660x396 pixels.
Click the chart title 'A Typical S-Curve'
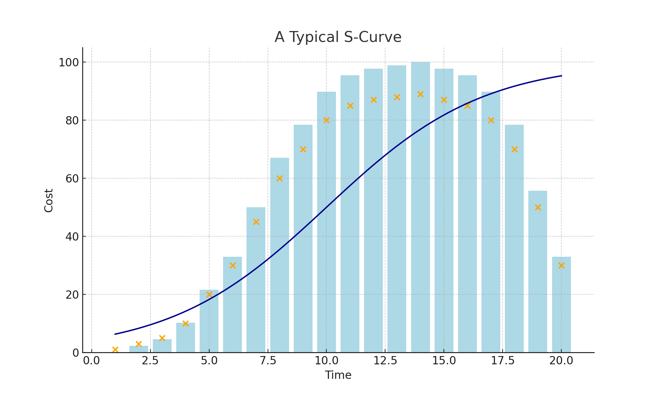coord(338,37)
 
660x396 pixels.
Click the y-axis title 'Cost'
coord(49,200)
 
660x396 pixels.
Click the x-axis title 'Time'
coord(338,375)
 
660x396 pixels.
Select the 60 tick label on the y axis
coord(72,179)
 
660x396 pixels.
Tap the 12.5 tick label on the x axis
coord(385,361)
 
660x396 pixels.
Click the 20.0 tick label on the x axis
coord(561,361)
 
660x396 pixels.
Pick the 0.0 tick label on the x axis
coord(92,361)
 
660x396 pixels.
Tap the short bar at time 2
coord(139,349)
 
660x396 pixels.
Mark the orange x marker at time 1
coord(115,349)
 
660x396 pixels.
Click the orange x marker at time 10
coord(326,120)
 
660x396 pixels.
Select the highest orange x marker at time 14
coord(420,94)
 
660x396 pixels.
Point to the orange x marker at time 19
coord(538,208)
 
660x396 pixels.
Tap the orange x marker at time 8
coord(280,179)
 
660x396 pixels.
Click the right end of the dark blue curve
coord(561,76)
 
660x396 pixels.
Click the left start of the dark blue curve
coord(115,334)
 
